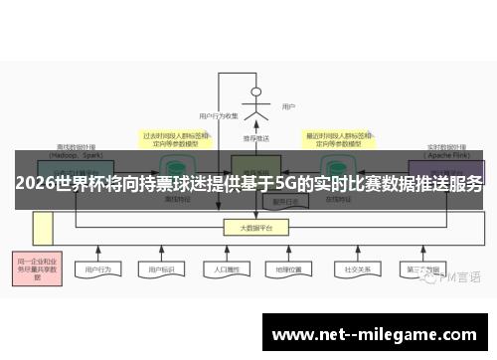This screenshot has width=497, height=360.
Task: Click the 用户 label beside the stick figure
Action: coord(288,106)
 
